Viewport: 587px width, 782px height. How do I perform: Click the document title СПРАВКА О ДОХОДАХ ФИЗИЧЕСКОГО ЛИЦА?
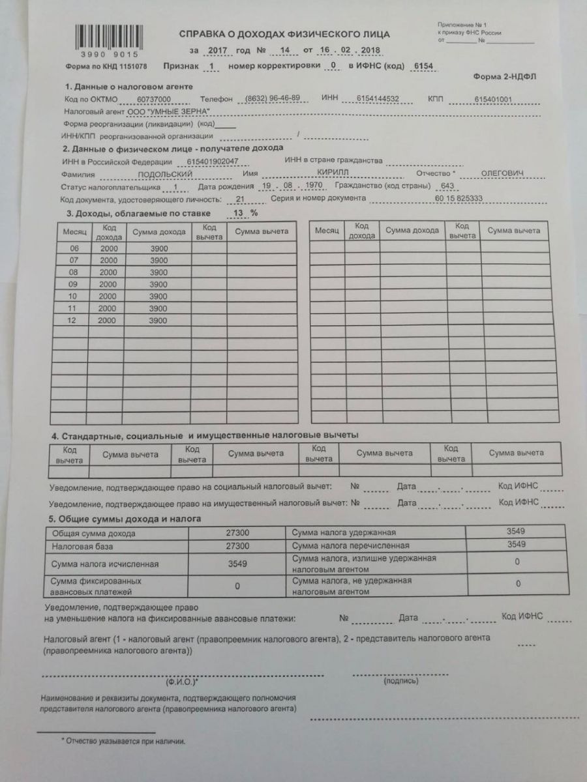point(284,34)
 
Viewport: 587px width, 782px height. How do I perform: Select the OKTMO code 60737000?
point(154,98)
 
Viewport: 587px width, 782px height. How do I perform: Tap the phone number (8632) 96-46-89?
point(273,98)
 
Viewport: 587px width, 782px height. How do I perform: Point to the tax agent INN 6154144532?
point(378,99)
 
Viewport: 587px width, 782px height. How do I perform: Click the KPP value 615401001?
point(494,100)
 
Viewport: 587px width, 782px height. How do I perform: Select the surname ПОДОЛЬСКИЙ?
point(166,174)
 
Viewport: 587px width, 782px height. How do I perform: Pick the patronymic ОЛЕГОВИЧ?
point(502,173)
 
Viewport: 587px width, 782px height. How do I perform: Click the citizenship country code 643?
point(447,185)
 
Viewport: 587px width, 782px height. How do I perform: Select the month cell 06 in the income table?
point(74,249)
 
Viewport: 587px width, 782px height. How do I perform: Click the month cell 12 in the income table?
point(74,321)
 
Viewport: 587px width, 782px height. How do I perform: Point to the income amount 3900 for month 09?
point(158,285)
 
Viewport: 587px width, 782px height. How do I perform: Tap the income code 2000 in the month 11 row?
point(107,308)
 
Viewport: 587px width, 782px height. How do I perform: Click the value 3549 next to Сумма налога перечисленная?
point(516,544)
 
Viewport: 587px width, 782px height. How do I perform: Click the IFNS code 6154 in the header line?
point(418,66)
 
